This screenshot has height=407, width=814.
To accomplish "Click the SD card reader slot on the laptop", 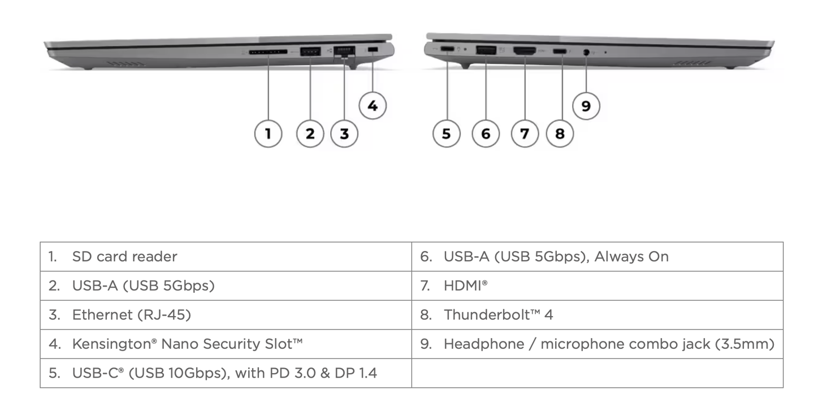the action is (x=268, y=53).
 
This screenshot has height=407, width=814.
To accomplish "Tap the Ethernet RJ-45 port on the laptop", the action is (x=344, y=51).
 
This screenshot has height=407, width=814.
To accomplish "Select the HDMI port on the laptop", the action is (x=525, y=51).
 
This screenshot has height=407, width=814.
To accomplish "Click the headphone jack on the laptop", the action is (x=586, y=53).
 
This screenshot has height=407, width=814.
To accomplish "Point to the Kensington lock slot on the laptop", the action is (x=373, y=50).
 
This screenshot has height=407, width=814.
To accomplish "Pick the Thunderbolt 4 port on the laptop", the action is (x=560, y=51).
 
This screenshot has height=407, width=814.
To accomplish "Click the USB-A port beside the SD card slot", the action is (x=310, y=51).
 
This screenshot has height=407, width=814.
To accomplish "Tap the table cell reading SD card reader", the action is (x=226, y=257).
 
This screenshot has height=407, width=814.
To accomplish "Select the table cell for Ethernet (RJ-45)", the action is (x=226, y=315).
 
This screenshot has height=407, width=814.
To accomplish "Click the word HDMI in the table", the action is (x=462, y=286).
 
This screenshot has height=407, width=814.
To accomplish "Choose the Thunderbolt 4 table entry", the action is (x=597, y=315).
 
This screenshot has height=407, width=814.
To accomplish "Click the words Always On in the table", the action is (x=631, y=257).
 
